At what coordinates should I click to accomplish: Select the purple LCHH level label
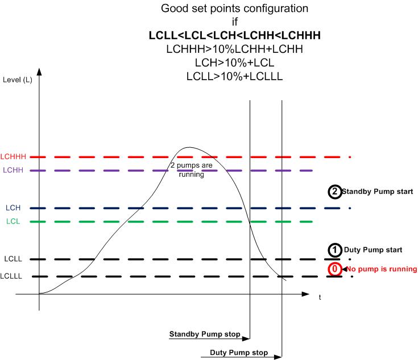click(x=14, y=170)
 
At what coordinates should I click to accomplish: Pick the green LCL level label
click(x=14, y=222)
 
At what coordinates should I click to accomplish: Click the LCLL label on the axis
click(x=13, y=259)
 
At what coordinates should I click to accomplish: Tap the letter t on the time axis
click(x=320, y=297)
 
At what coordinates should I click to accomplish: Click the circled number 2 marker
click(x=335, y=192)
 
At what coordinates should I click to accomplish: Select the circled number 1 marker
click(x=335, y=250)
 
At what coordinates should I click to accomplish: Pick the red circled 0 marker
click(x=335, y=268)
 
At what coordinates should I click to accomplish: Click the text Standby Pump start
click(x=377, y=192)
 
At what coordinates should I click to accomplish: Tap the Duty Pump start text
click(x=373, y=250)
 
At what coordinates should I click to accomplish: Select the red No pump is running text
click(x=379, y=268)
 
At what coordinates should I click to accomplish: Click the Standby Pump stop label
click(x=205, y=333)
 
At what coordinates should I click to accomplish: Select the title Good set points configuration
click(x=235, y=9)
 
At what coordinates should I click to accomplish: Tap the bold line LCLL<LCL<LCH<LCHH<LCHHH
click(x=235, y=36)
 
